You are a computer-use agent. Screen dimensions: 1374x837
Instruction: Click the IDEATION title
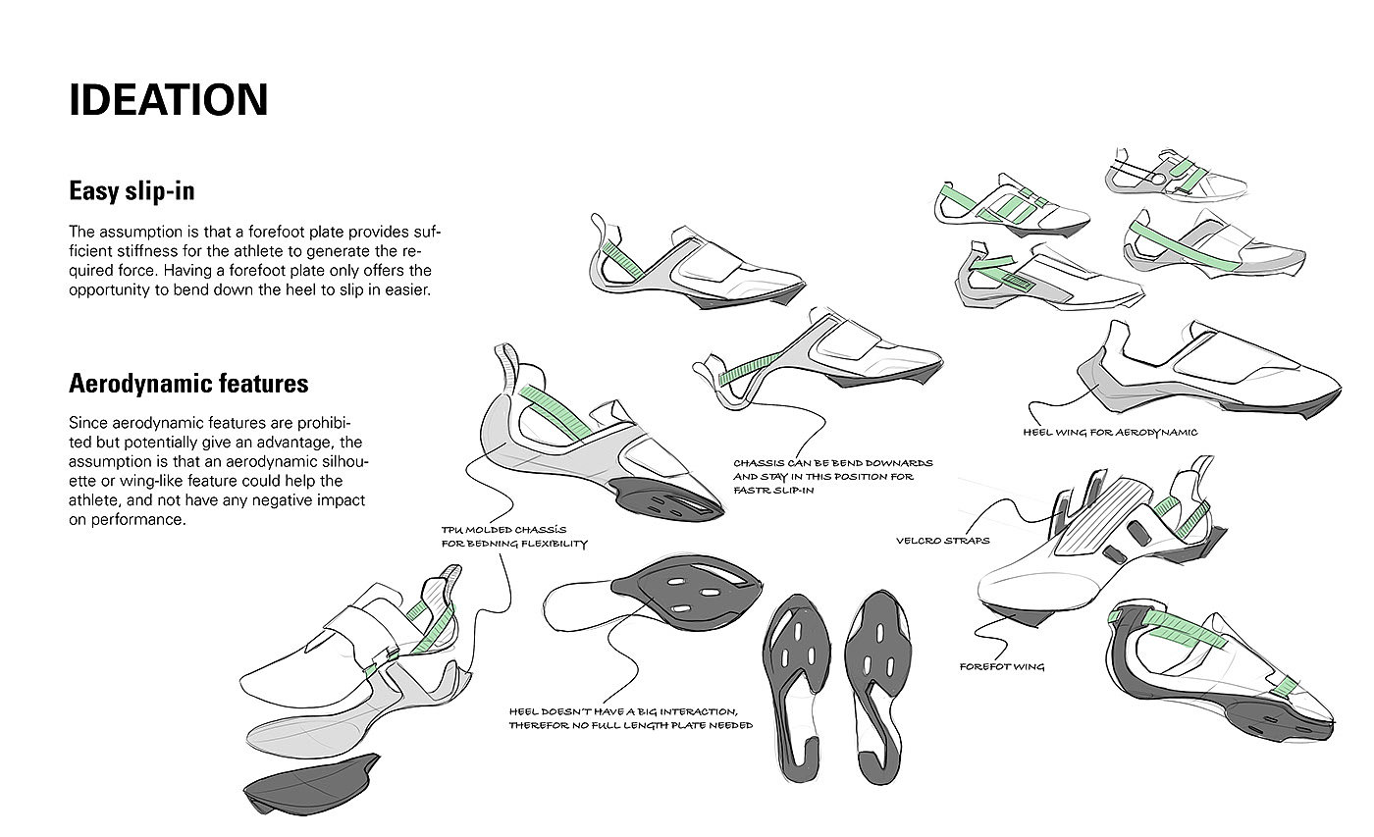[168, 100]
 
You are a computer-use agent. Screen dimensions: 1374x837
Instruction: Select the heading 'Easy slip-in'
[131, 190]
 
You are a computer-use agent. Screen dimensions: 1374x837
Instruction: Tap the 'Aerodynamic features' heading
[188, 383]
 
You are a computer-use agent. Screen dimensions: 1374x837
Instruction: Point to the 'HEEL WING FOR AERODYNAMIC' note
[1109, 432]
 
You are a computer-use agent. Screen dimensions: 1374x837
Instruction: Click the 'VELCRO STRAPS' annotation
[942, 541]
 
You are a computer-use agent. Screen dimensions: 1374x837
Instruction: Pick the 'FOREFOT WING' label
[1002, 667]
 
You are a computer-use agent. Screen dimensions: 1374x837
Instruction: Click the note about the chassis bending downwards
[833, 476]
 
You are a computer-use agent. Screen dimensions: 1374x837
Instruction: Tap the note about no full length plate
[630, 718]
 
